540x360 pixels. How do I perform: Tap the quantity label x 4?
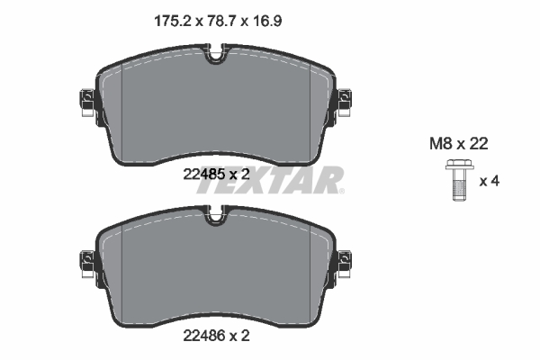489,181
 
